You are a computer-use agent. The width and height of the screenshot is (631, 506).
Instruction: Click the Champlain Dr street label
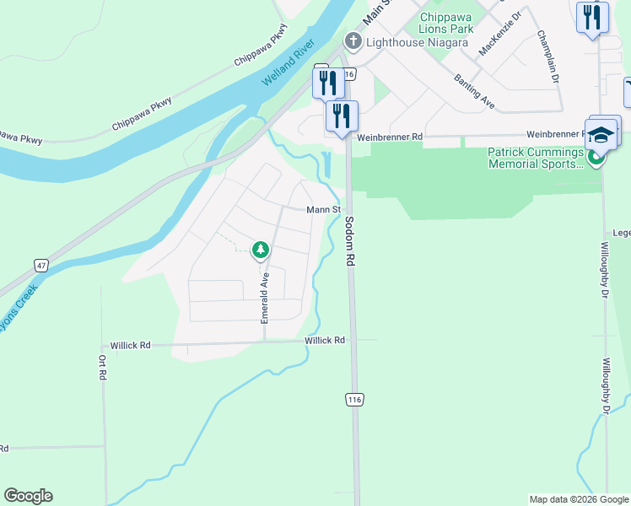pos(547,57)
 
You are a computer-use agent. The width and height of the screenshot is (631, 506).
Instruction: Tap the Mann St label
pos(323,209)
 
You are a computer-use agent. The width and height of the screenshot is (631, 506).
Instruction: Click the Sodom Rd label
pos(348,242)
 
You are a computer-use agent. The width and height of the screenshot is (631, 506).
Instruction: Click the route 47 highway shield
pos(40,265)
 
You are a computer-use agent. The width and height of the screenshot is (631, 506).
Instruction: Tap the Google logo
pos(28,496)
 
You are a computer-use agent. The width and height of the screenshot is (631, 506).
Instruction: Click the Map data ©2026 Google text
pos(578,498)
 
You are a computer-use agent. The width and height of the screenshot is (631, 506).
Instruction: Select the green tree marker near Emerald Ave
pos(261,249)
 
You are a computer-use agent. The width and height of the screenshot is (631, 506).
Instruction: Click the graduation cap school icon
pos(601,135)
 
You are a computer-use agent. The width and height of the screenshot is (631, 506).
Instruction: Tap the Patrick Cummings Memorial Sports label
pos(536,158)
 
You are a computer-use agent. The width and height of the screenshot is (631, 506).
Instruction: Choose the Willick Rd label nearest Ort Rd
pos(130,346)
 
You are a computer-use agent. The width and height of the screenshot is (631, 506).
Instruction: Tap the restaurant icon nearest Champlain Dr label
pos(592,17)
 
